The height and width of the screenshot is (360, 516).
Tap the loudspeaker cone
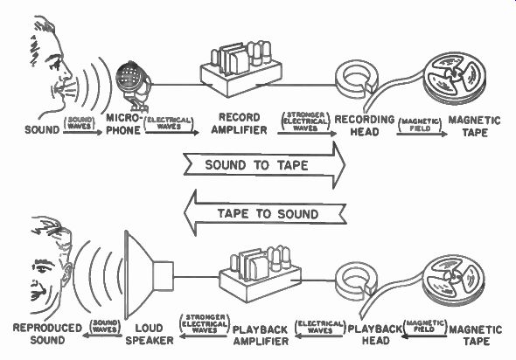click(138, 274)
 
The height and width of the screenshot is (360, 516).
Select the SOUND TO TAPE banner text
click(256, 165)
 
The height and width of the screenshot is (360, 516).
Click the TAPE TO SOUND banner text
click(268, 214)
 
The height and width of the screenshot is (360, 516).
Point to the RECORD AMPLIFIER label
click(240, 123)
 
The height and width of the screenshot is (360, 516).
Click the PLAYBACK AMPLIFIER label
click(261, 336)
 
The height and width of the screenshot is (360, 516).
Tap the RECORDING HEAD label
click(365, 126)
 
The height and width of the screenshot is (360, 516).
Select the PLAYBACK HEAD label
click(375, 335)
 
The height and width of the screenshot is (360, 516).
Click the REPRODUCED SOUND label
click(47, 334)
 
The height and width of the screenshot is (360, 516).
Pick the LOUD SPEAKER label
click(150, 334)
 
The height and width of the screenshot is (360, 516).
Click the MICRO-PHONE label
click(124, 124)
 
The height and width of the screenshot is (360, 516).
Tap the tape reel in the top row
click(454, 78)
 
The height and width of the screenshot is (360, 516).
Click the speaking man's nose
click(68, 71)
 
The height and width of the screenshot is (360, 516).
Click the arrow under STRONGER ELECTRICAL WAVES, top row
click(307, 134)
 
